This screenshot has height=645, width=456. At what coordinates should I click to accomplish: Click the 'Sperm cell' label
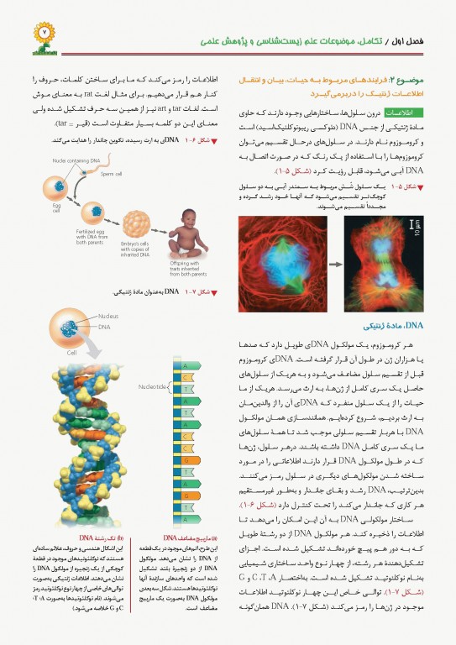113,175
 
